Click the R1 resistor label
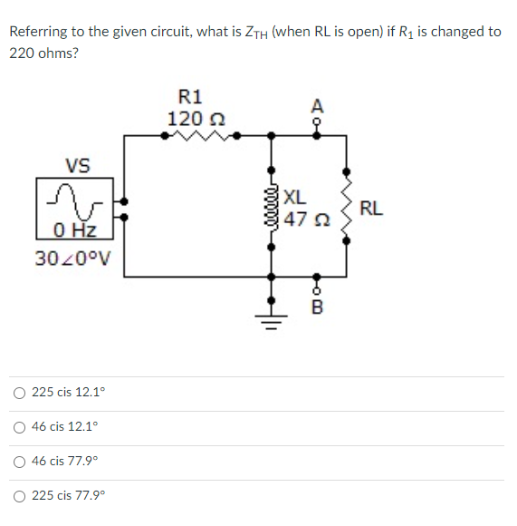click(191, 97)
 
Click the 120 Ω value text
click(191, 119)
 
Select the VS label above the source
click(78, 165)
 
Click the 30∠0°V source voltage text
click(72, 257)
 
